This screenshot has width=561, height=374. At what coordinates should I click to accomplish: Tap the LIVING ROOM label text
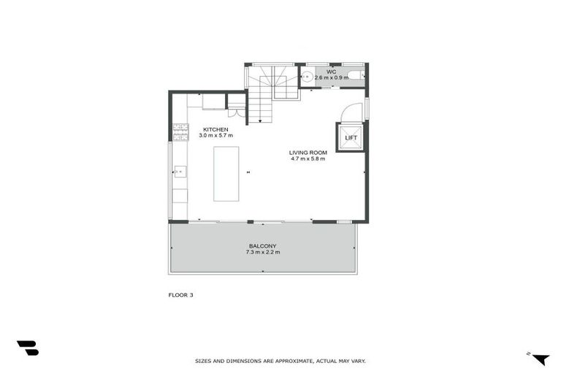[308, 152]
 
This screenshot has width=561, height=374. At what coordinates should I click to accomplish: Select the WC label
[331, 71]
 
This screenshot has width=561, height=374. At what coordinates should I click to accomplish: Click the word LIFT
[351, 137]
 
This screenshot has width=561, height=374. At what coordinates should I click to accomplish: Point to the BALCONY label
[263, 246]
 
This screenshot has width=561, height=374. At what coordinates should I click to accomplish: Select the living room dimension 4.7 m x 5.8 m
[308, 159]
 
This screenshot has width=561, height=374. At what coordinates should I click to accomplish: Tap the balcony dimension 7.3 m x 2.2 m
[263, 253]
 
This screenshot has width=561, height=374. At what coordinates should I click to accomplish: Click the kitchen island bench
[226, 174]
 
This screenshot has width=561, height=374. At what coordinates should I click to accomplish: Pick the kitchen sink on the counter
[180, 172]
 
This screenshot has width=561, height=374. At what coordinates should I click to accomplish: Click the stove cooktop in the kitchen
[180, 131]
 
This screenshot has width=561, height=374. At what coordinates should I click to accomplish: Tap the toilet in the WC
[354, 75]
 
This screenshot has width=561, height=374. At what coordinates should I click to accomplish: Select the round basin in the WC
[308, 76]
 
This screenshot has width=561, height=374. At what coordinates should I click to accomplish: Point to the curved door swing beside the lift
[351, 111]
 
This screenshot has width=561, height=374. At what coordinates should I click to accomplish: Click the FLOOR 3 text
[180, 295]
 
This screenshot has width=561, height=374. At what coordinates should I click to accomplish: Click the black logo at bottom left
[28, 348]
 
